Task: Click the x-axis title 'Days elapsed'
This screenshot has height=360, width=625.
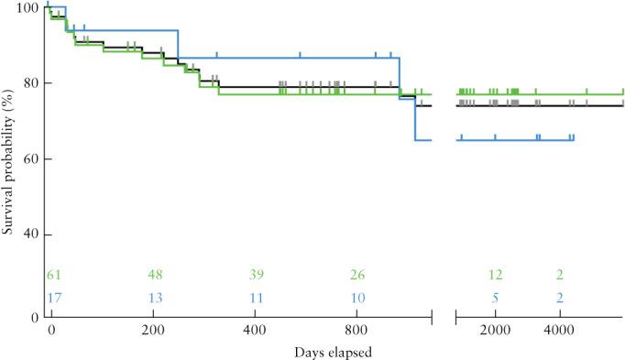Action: pos(334,351)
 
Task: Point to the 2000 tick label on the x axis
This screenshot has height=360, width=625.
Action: pos(495,330)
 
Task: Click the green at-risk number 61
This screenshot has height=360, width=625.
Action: pos(54,276)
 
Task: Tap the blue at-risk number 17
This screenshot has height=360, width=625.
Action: pos(54,298)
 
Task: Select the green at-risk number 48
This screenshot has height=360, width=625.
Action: pos(156,276)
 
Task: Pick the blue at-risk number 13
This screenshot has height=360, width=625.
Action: pos(156,298)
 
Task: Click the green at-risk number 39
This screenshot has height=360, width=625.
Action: pos(258,276)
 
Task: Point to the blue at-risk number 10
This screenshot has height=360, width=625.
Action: pos(359,298)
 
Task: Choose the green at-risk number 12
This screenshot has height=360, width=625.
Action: pos(495,276)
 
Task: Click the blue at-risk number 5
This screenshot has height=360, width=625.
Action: pos(495,298)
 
